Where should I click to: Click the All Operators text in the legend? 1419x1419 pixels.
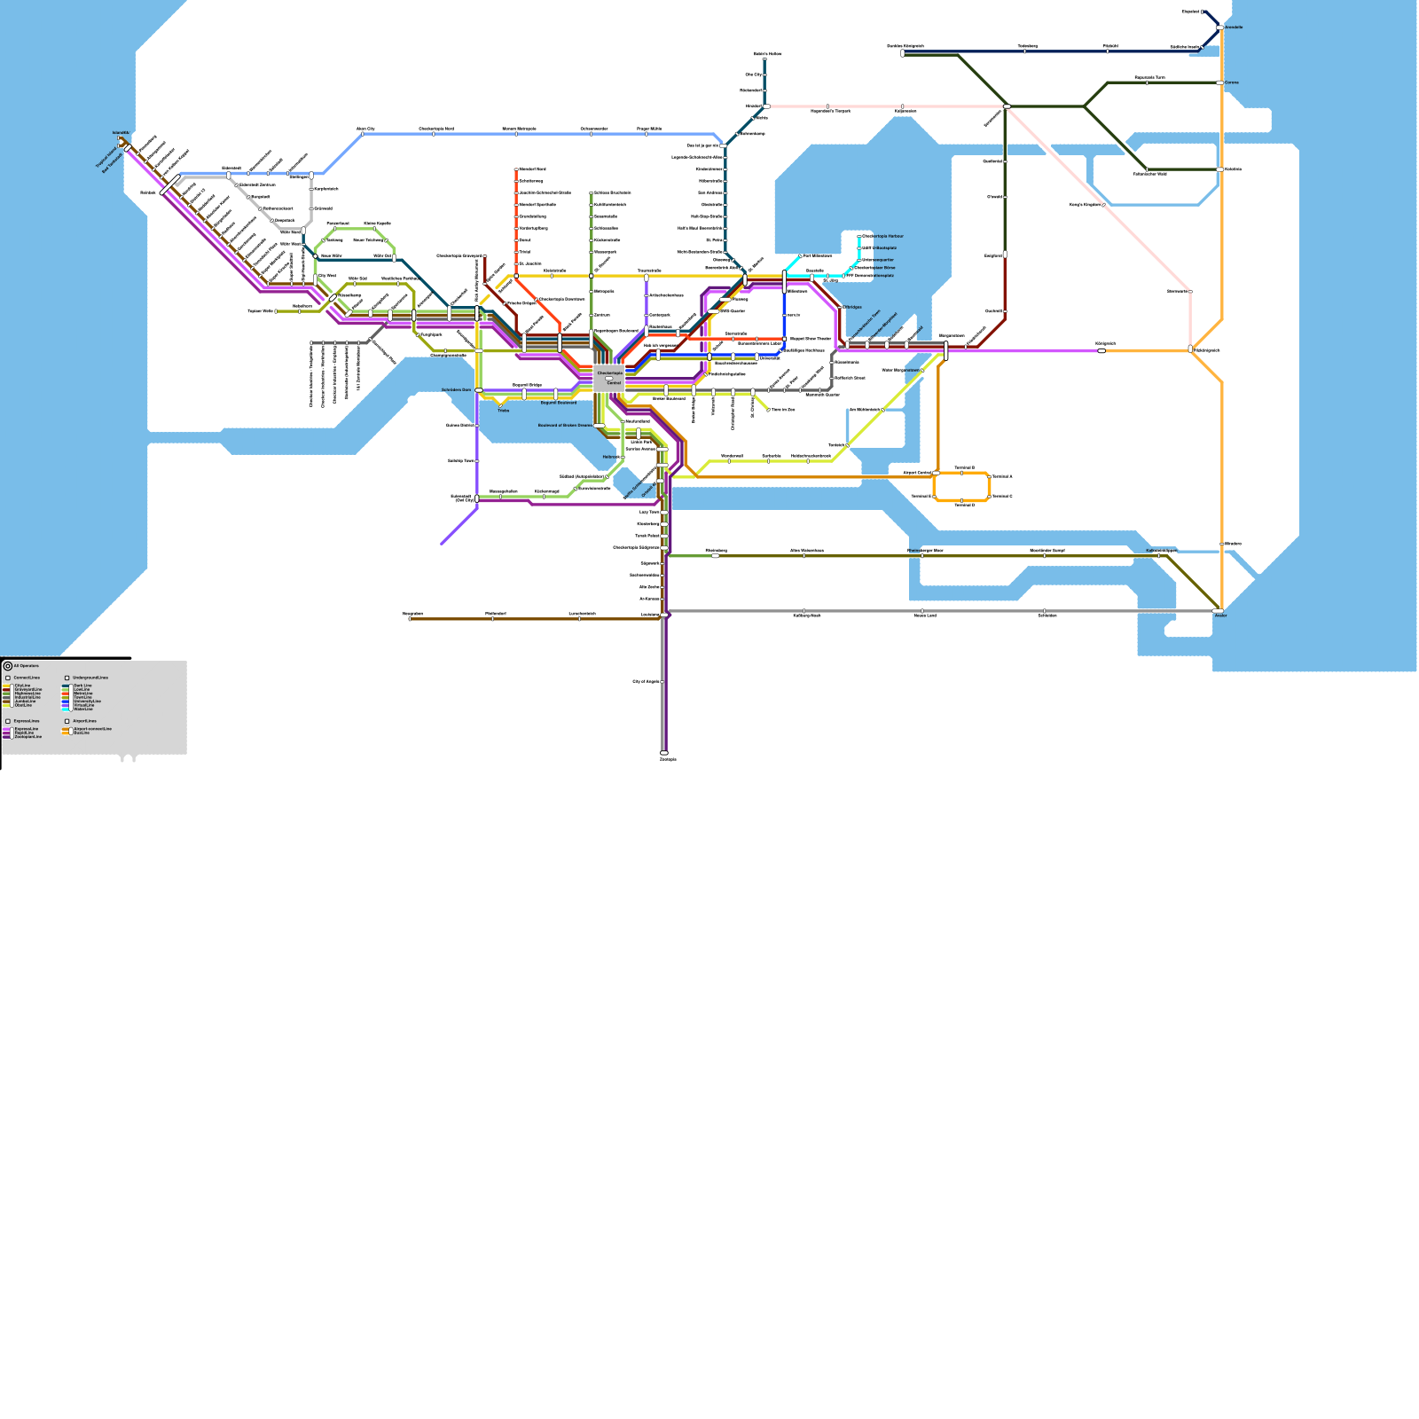click(27, 665)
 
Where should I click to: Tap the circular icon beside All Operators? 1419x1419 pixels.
click(8, 666)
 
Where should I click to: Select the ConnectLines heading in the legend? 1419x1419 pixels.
click(27, 678)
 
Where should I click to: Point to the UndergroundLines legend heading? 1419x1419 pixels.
click(90, 678)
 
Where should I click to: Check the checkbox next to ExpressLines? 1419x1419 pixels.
click(8, 721)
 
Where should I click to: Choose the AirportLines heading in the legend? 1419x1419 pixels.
click(85, 721)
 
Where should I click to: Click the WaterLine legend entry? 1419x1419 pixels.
click(83, 709)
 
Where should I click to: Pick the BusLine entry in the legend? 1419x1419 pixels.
click(82, 733)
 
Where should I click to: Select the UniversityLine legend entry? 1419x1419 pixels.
click(87, 702)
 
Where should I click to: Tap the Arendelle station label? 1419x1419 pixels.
click(1234, 27)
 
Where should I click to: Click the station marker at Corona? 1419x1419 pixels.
click(1219, 82)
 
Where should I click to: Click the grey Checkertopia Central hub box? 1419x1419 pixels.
click(609, 378)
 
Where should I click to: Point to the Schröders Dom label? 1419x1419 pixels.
click(457, 390)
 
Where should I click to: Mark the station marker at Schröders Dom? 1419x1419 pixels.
click(479, 390)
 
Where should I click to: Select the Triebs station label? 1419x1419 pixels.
click(504, 411)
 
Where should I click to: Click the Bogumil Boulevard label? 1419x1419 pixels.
click(559, 403)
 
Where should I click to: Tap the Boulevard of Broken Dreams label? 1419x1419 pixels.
click(565, 426)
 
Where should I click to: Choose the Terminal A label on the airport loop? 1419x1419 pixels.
click(1002, 477)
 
